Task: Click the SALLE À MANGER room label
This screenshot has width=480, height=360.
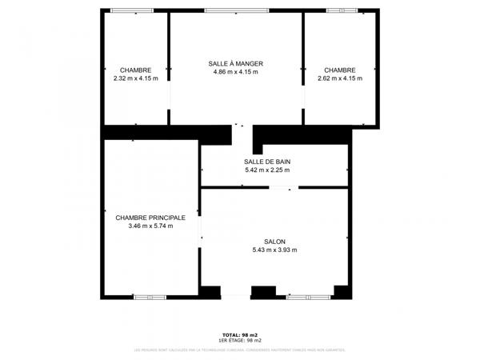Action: [x=235, y=64]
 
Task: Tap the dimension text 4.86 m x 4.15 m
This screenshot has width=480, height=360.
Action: [x=235, y=73]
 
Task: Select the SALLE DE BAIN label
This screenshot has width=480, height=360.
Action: [x=267, y=162]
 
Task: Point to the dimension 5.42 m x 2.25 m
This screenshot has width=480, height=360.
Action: [x=267, y=170]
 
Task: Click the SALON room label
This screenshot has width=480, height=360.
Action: [x=274, y=242]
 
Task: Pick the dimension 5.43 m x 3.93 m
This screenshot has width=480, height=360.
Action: [x=274, y=250]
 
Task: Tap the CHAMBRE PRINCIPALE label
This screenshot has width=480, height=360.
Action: [x=150, y=218]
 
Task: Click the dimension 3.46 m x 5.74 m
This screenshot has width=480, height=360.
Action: [x=150, y=226]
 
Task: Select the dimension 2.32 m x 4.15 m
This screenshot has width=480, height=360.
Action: [x=136, y=78]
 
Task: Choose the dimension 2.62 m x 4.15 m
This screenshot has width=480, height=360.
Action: [x=340, y=78]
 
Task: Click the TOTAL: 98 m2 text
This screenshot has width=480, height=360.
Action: [x=240, y=334]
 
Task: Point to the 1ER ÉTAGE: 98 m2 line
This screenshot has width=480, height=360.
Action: [x=240, y=341]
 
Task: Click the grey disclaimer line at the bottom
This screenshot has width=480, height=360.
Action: [x=240, y=350]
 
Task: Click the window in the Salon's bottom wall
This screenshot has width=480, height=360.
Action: [x=308, y=297]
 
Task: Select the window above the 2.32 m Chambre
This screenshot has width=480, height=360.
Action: [x=132, y=10]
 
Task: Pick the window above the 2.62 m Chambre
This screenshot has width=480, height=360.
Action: [x=342, y=10]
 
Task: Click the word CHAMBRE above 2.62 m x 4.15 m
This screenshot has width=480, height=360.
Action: [x=340, y=70]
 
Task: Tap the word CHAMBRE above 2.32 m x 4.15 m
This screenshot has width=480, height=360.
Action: [x=136, y=70]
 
